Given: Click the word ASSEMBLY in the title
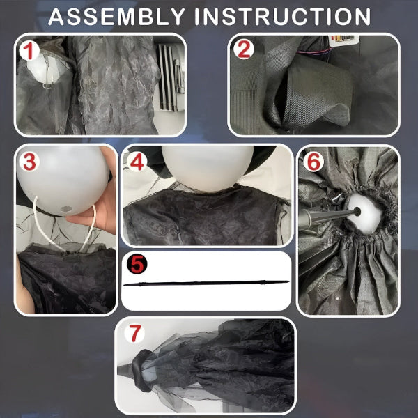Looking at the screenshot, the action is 116,17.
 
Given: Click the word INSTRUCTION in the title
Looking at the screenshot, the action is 283,17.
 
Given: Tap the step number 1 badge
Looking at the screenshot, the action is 29,51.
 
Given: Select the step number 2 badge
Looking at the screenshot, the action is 244,49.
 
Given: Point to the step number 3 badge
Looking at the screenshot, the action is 29,162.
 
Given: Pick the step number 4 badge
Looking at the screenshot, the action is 137,162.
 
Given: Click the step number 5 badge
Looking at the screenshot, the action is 137,264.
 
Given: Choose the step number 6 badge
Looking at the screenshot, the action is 313,162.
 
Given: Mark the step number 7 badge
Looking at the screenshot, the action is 134,333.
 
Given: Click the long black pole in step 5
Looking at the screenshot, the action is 206,283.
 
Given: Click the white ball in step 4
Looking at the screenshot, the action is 208,168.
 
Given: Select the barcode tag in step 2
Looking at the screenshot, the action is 344,39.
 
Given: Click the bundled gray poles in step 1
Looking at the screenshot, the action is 171,77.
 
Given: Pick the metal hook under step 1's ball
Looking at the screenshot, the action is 48,85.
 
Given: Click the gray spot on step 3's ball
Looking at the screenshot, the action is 66,209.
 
